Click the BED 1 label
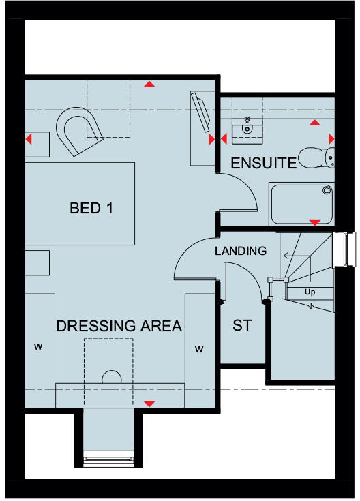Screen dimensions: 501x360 [x=91, y=208]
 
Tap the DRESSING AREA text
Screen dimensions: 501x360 [x=119, y=326]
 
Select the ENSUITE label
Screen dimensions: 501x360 [x=263, y=163]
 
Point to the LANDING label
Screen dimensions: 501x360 [x=241, y=251]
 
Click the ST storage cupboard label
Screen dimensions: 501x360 [x=242, y=326]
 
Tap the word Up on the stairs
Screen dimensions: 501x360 [x=310, y=292]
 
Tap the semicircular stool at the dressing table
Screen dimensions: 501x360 [x=111, y=378]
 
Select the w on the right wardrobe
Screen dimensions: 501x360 [x=200, y=350]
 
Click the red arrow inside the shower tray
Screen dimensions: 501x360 [x=315, y=222]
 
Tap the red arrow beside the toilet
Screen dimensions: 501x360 [x=332, y=138]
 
